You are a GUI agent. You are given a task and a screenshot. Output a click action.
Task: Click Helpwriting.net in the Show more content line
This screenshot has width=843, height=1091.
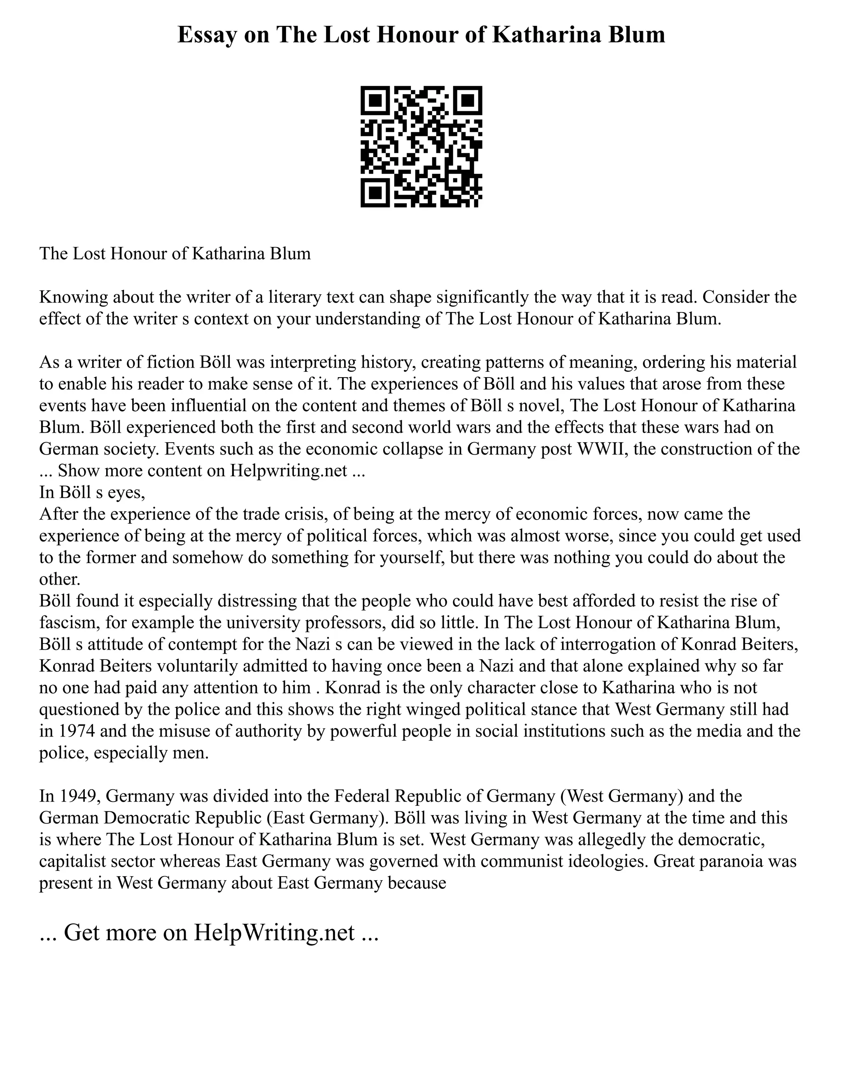(x=289, y=471)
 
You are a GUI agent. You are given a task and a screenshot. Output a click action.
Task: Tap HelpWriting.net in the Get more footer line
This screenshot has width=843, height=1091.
(x=274, y=932)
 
